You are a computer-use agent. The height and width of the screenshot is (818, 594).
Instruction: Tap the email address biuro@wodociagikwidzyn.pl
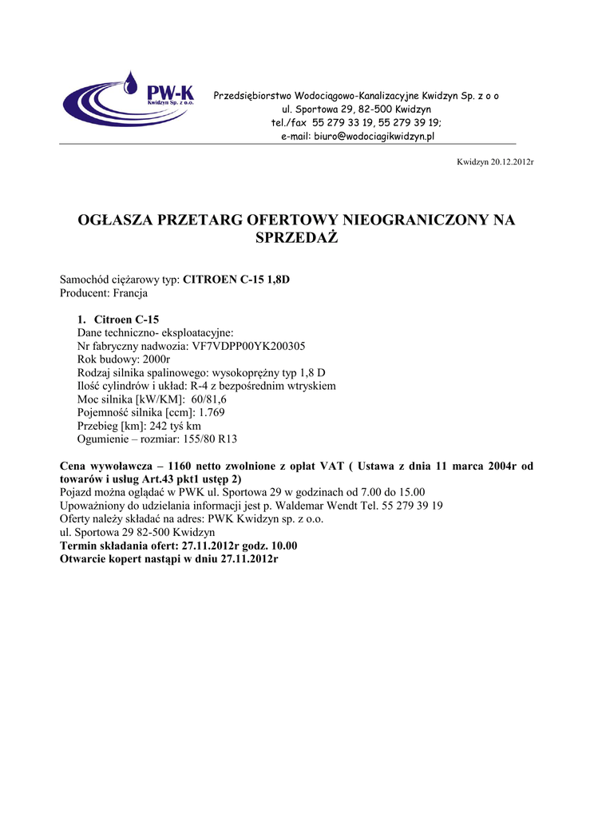point(372,137)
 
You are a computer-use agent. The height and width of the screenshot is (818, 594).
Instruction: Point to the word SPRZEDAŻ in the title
point(296,238)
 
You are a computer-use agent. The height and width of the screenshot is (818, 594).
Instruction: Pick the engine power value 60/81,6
point(209,399)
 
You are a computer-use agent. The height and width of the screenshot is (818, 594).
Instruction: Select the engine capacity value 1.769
point(212,412)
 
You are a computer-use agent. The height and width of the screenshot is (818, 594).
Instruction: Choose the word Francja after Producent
point(131,293)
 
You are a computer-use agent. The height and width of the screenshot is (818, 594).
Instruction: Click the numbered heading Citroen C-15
point(126,320)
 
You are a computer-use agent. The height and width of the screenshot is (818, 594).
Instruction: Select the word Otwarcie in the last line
point(82,558)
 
